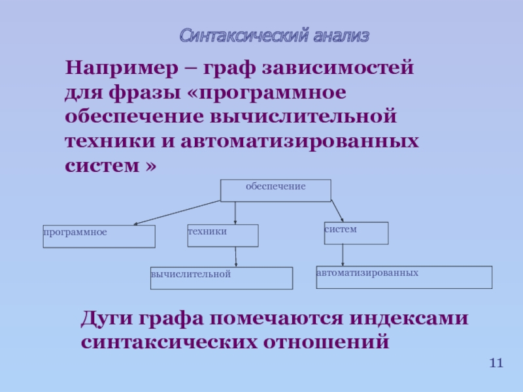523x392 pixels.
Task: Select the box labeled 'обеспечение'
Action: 275,190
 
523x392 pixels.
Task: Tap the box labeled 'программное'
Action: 99,237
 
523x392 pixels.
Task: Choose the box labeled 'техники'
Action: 223,235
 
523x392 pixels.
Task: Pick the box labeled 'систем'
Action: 356,233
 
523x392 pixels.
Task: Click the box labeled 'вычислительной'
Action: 221,278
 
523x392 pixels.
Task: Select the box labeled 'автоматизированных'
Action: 403,277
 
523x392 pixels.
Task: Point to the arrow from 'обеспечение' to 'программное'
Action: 177,213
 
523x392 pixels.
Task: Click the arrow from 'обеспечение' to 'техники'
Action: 235,213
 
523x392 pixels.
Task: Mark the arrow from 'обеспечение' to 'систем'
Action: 337,211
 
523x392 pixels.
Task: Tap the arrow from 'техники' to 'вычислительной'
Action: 235,256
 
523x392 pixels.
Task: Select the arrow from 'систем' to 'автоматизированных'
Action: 343,255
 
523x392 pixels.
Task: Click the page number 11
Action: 496,363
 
